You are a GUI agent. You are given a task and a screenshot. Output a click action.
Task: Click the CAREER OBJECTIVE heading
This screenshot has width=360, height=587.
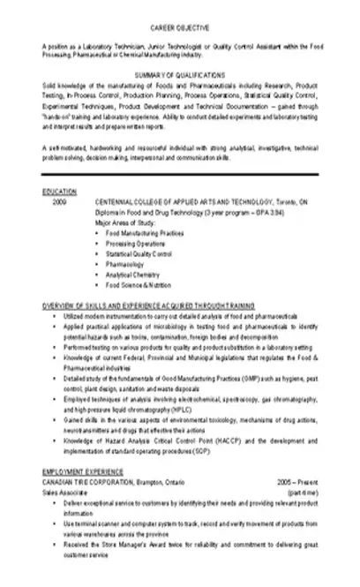click(180, 27)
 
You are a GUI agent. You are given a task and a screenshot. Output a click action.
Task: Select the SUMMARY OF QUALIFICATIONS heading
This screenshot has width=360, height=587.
click(180, 75)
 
